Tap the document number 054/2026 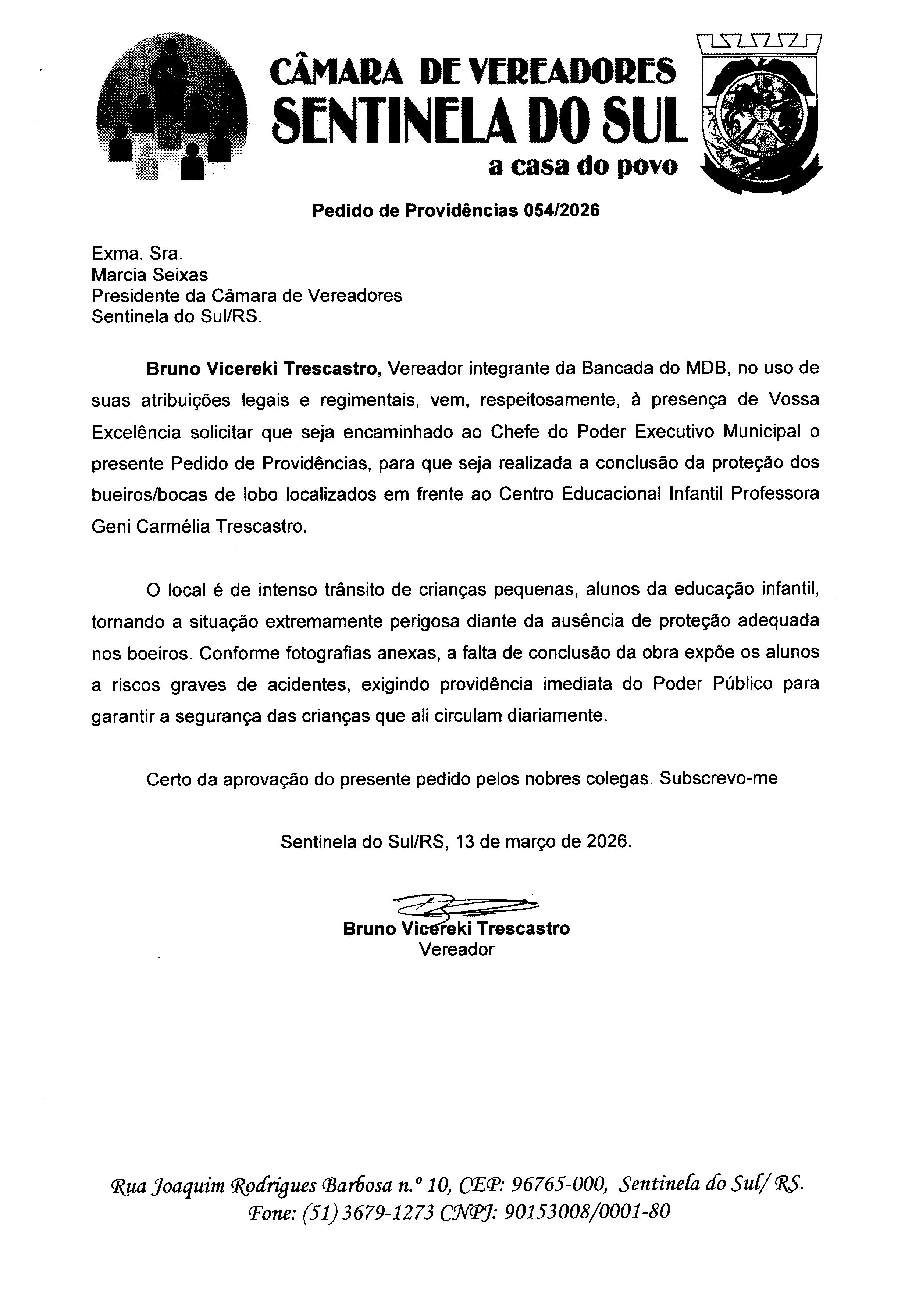coord(561,211)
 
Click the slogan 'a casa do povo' coord(583,166)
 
